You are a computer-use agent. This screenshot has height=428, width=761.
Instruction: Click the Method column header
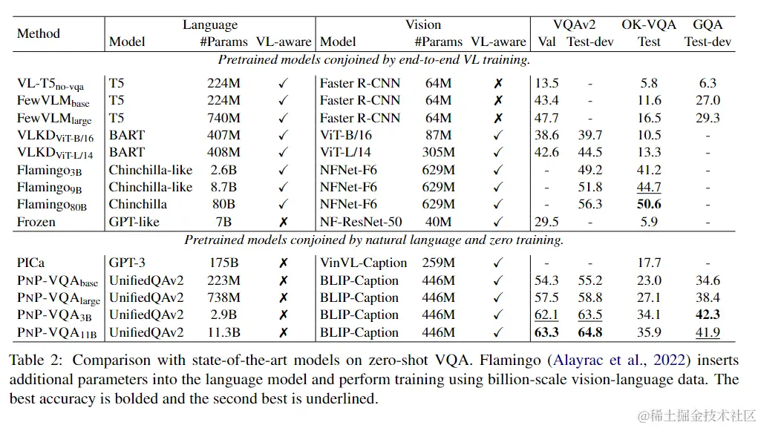(x=39, y=33)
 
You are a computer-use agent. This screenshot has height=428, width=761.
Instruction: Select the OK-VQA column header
(x=649, y=24)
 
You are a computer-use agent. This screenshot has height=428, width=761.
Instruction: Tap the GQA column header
(x=708, y=24)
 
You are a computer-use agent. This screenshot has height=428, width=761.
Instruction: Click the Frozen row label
(x=37, y=222)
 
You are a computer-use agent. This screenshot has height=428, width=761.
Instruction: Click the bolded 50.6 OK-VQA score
(x=649, y=205)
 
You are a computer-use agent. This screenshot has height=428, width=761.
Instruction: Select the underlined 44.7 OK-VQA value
(x=649, y=188)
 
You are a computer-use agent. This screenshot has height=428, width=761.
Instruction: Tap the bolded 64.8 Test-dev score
(x=589, y=333)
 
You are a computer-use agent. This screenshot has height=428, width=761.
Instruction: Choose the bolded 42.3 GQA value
(x=708, y=315)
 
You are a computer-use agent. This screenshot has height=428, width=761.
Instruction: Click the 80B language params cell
(x=223, y=205)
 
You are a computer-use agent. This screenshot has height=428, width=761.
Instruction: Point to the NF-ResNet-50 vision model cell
(x=361, y=222)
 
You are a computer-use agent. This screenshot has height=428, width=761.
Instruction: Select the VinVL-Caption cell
(x=364, y=263)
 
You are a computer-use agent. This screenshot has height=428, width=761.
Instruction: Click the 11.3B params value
(x=223, y=333)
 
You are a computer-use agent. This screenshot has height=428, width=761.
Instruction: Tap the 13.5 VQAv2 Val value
(x=547, y=83)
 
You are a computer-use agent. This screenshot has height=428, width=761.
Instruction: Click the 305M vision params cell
(x=438, y=153)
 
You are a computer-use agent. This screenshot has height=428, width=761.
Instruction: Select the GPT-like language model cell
(x=134, y=222)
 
